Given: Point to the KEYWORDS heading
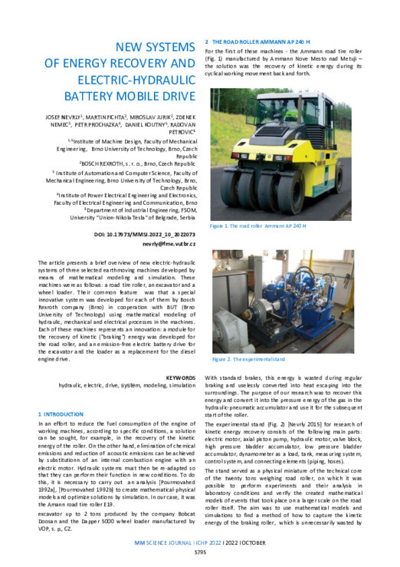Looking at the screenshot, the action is [181, 377].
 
